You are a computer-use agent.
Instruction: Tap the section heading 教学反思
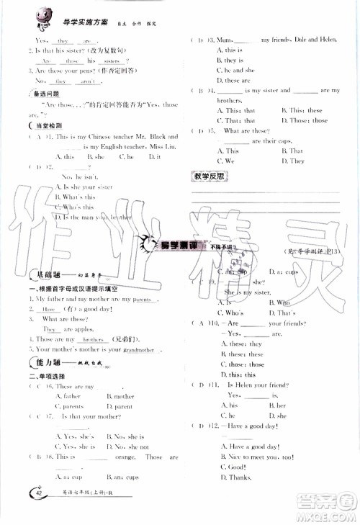tap(210, 176)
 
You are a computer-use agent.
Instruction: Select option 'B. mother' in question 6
tap(120, 396)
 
